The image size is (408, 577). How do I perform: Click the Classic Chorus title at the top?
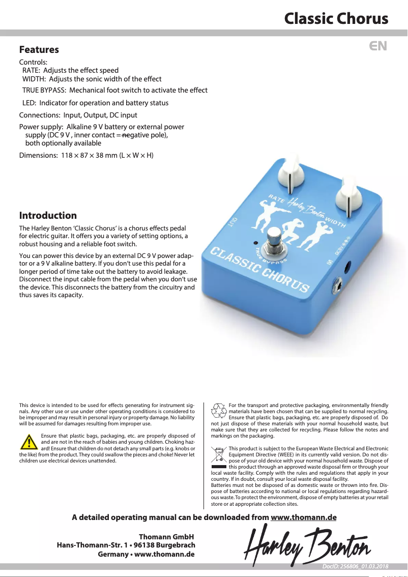(x=336, y=19)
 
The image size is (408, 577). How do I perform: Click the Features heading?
(x=39, y=50)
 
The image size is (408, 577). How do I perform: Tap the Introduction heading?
(x=48, y=215)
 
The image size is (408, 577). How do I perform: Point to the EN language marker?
(x=378, y=46)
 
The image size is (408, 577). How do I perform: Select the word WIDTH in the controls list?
(x=34, y=79)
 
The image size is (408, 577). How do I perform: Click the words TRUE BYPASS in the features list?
(x=43, y=91)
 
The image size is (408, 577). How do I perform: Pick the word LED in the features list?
(x=28, y=103)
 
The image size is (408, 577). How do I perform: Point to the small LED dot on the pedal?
(x=255, y=243)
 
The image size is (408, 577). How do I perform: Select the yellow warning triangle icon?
(x=29, y=443)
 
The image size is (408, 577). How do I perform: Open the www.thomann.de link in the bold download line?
(x=304, y=518)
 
